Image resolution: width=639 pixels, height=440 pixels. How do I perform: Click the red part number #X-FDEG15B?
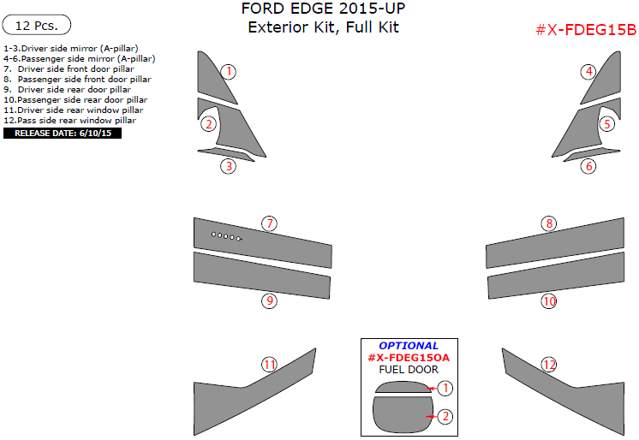(586, 31)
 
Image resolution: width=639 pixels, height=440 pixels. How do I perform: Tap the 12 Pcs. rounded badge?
(37, 26)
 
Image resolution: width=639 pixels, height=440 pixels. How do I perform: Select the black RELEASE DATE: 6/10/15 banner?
(63, 134)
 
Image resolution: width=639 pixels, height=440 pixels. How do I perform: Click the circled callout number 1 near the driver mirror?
(228, 71)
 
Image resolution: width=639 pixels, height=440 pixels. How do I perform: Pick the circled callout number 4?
(588, 71)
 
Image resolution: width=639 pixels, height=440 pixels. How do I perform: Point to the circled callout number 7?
(269, 223)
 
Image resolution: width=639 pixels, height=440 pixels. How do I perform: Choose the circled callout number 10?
(548, 300)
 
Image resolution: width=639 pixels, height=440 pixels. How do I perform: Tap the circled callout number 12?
(548, 365)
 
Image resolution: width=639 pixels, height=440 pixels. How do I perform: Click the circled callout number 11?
(269, 365)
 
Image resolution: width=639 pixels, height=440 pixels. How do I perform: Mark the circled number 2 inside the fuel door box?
(445, 417)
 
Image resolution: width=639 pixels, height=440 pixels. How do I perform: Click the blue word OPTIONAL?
(408, 346)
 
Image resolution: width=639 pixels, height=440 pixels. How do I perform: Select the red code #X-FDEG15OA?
(408, 358)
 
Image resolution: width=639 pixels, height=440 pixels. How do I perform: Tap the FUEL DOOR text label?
(408, 370)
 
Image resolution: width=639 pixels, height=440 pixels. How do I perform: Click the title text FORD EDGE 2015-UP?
(324, 9)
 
